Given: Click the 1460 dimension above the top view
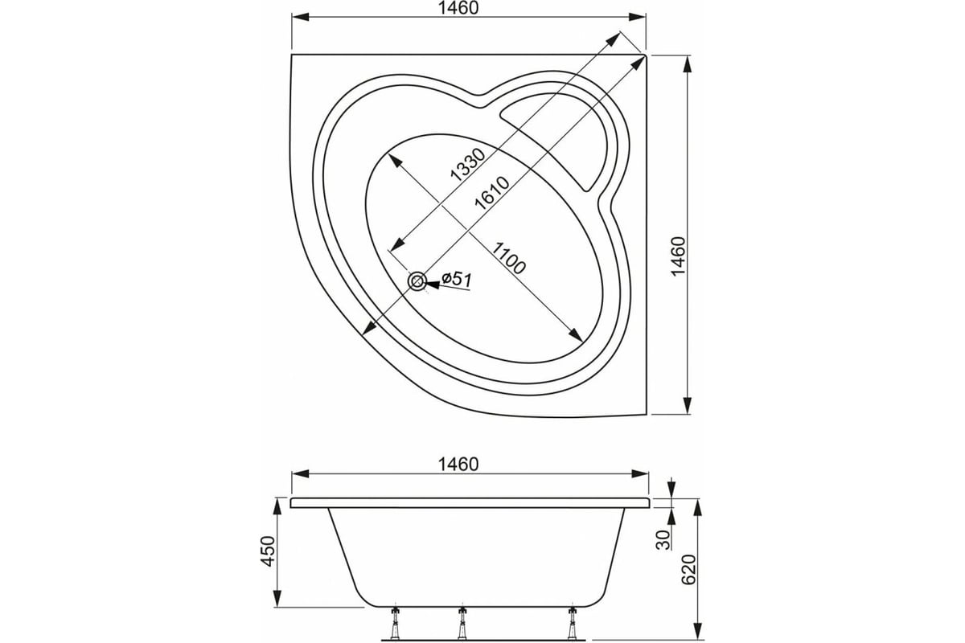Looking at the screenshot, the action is pyautogui.click(x=458, y=8).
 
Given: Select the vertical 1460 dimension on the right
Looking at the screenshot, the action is pyautogui.click(x=679, y=256).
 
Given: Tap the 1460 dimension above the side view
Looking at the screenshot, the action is pyautogui.click(x=458, y=465).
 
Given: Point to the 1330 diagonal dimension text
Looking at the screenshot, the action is pyautogui.click(x=467, y=165).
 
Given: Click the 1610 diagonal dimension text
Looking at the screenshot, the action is pyautogui.click(x=491, y=193).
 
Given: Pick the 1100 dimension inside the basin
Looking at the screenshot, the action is pyautogui.click(x=509, y=258).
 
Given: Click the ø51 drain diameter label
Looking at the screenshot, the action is pyautogui.click(x=457, y=280).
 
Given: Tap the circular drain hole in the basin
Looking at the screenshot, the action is pyautogui.click(x=417, y=282).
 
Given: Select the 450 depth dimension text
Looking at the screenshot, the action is pyautogui.click(x=268, y=551).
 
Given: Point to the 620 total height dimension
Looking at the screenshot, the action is pyautogui.click(x=689, y=569).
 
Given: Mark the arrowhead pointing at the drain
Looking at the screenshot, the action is pyautogui.click(x=433, y=285).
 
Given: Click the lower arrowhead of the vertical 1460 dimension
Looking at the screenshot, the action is pyautogui.click(x=688, y=405).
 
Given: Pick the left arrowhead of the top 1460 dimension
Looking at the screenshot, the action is pyautogui.click(x=301, y=17).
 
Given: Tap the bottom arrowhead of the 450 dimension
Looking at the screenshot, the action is pyautogui.click(x=277, y=598).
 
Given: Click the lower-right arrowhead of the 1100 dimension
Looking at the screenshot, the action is pyautogui.click(x=576, y=334).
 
